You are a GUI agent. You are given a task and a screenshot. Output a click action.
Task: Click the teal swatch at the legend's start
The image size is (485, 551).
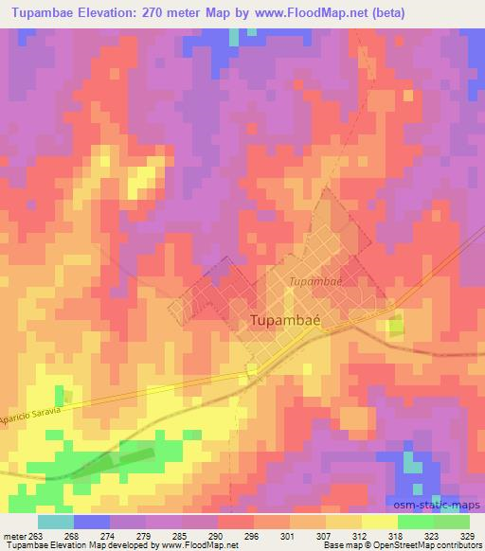tap(56, 521)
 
